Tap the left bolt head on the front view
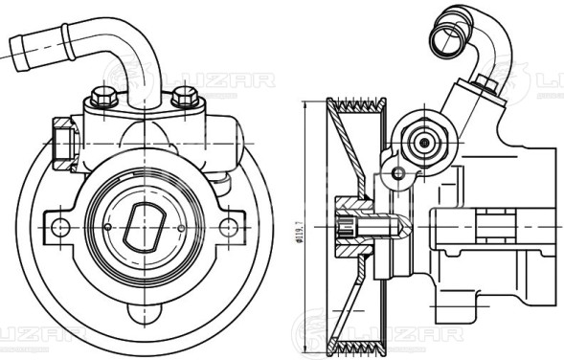click(x=101, y=97)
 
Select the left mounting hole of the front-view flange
click(x=59, y=227)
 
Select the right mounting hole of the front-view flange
click(x=227, y=227)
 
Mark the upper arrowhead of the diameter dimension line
click(x=305, y=107)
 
